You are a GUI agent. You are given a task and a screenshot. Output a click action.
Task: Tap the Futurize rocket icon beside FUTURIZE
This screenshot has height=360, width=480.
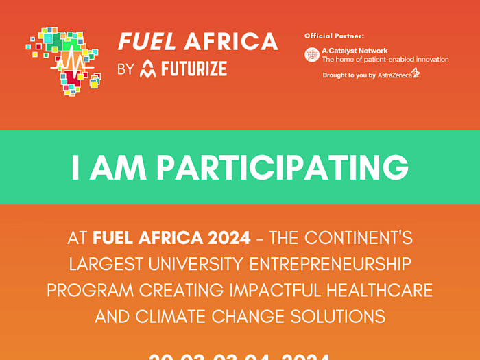click(147, 69)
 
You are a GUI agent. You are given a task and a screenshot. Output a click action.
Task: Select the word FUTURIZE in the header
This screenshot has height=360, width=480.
click(194, 69)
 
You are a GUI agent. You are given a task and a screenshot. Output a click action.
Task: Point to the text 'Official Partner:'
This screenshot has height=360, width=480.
click(334, 35)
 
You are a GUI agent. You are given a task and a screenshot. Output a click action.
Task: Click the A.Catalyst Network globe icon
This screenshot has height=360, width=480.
click(312, 55)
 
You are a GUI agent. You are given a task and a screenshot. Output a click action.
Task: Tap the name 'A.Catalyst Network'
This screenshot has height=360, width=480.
click(355, 51)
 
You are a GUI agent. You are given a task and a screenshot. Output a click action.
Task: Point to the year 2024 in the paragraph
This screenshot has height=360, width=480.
click(231, 239)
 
